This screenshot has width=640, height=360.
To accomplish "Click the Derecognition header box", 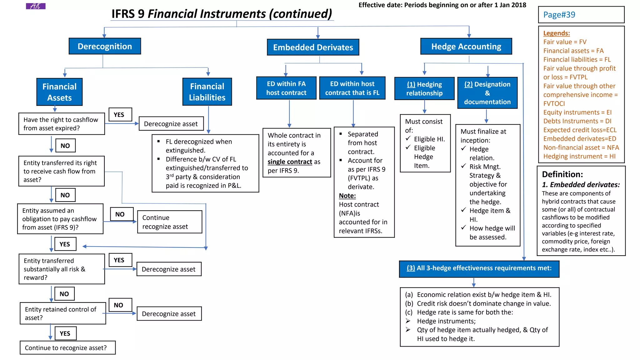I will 105,46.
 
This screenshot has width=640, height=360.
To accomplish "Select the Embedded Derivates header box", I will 313,47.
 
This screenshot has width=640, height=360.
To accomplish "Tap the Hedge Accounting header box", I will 466,46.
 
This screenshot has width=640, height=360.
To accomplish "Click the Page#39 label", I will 559,15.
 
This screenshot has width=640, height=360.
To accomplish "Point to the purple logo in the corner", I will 36,6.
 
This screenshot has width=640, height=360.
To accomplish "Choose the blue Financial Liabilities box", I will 207,92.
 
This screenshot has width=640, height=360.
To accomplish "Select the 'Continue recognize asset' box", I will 170,222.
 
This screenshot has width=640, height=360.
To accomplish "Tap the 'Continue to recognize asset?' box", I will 67,348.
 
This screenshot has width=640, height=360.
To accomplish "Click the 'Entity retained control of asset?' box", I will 62,313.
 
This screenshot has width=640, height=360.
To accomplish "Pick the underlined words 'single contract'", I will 290,162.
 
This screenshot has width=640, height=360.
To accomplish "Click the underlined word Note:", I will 347,196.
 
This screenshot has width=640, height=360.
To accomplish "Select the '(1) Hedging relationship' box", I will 424,89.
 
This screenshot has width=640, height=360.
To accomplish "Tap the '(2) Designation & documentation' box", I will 487,93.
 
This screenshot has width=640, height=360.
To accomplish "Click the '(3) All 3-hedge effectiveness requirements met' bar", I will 479,268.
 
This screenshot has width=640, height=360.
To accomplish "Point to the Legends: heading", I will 556,33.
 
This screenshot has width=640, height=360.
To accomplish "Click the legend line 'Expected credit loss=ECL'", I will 580,130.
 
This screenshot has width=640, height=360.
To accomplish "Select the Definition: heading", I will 562,174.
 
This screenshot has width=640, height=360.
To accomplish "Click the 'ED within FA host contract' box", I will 286,88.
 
